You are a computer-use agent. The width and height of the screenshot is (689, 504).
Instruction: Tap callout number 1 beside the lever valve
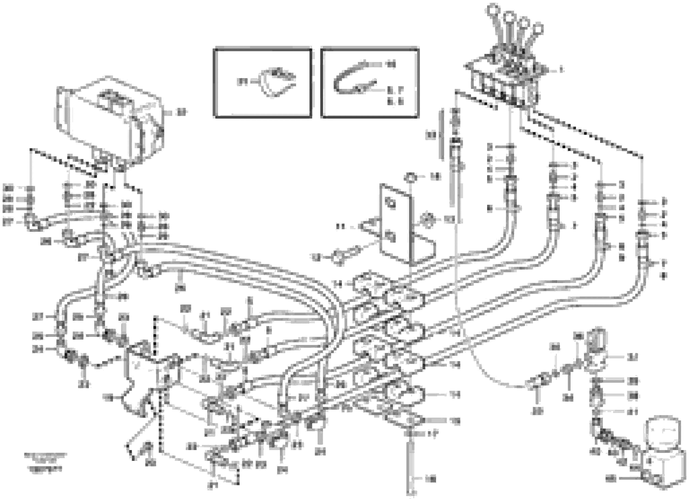pyautogui.click(x=561, y=70)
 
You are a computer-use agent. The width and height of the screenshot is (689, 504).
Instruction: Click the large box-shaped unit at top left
pyautogui.click(x=110, y=122)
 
